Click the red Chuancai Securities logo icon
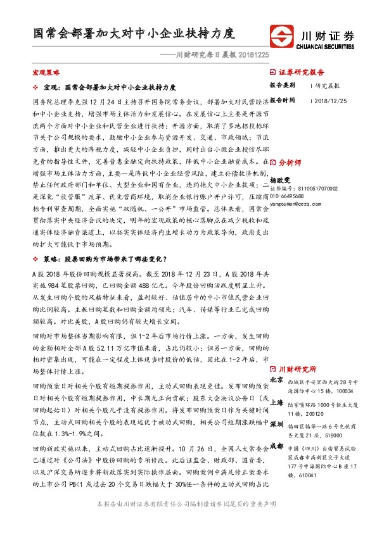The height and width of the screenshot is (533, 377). tap(281, 36)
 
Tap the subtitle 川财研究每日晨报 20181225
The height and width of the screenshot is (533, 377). tap(205, 55)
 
